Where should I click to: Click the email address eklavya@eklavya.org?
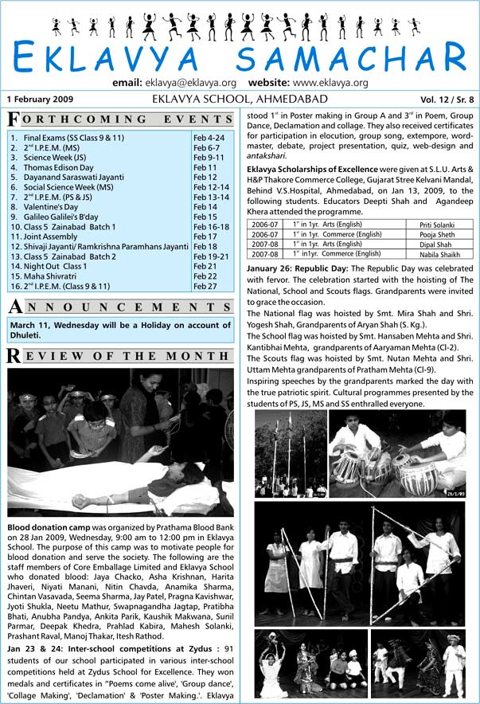192,83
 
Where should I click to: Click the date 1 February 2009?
41,100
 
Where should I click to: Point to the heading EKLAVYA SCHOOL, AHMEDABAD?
240,100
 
